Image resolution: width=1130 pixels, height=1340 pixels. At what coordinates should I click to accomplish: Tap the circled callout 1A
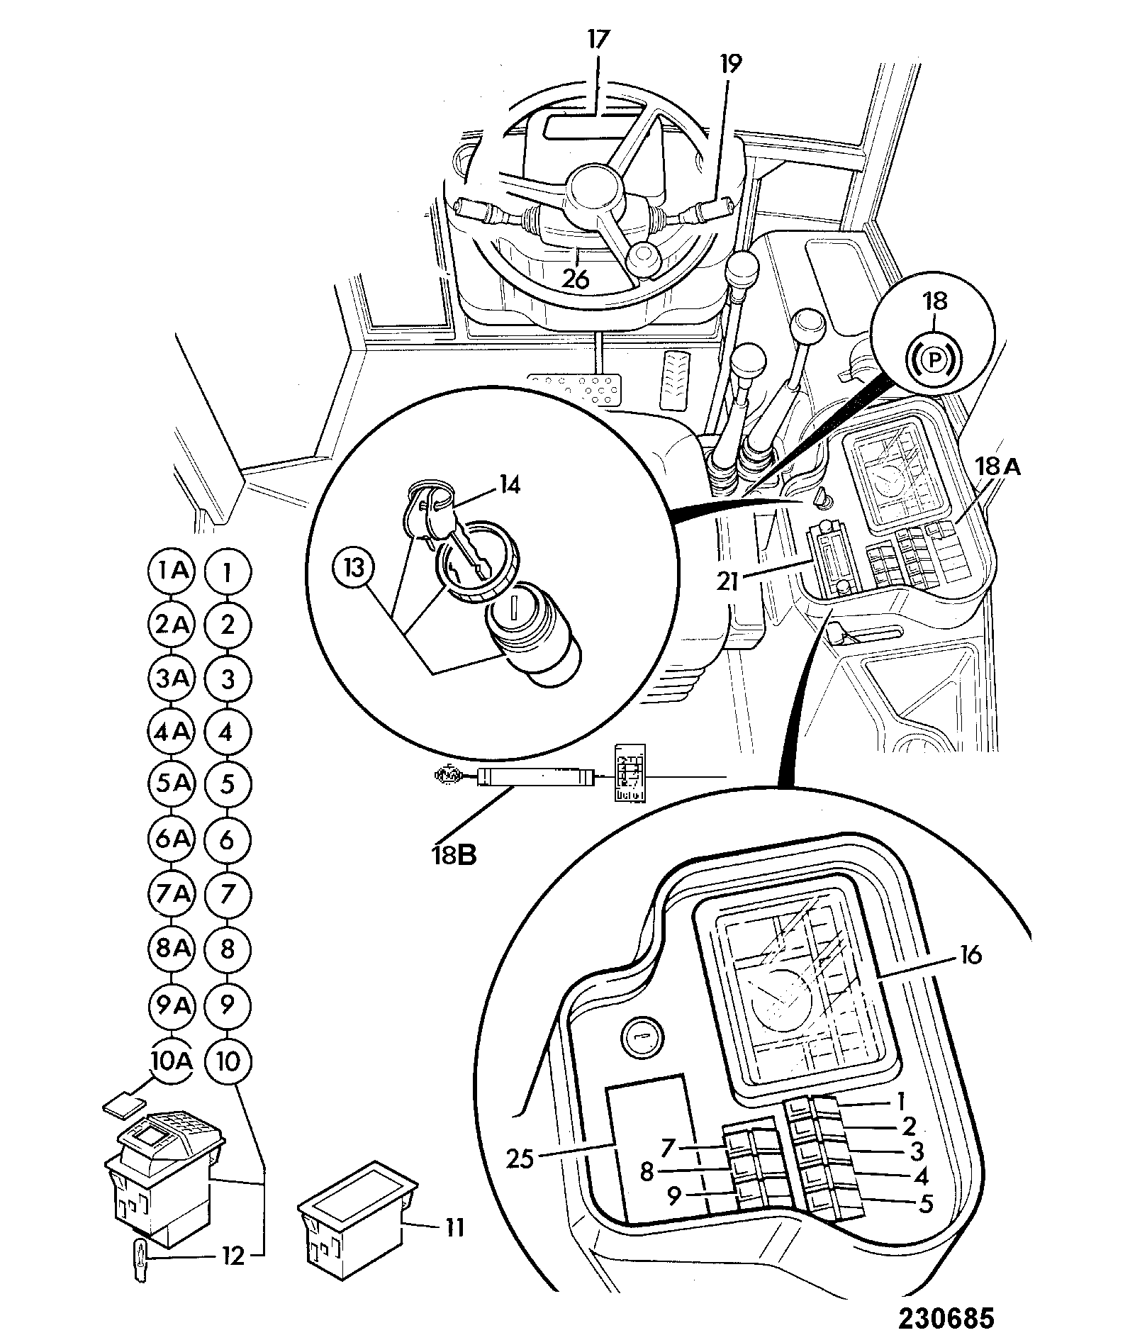[171, 571]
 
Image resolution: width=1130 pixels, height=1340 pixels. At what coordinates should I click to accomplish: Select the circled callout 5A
[171, 784]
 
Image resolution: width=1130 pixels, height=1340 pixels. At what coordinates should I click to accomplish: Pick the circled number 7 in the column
[227, 894]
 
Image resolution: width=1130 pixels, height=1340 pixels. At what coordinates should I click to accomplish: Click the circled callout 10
[227, 1061]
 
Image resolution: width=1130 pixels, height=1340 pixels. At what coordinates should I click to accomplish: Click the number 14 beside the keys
[510, 486]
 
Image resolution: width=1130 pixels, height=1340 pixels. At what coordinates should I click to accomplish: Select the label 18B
[456, 856]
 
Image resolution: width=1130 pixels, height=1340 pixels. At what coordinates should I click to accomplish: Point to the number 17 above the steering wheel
[598, 38]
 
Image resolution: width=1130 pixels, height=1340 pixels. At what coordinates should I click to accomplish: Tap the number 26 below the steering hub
[576, 279]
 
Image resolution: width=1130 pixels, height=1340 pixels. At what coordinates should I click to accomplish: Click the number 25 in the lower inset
[522, 1161]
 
